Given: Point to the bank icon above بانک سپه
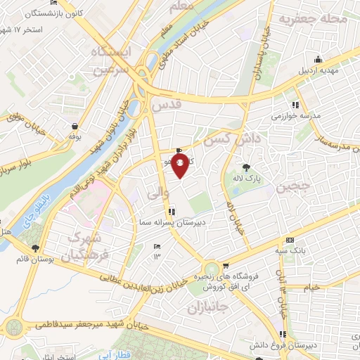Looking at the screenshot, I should [290, 240].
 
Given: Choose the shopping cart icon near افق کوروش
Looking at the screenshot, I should [226, 266].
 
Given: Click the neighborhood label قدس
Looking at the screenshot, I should [166, 105].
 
